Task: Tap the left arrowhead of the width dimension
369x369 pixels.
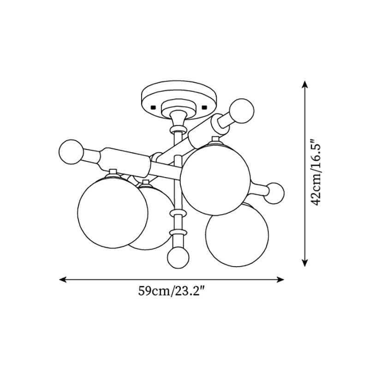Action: [62, 280]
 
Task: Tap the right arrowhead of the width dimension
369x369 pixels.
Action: [281, 280]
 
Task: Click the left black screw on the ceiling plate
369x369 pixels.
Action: [154, 107]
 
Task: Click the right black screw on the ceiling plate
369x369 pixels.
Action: [204, 107]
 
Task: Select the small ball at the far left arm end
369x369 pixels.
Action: [71, 152]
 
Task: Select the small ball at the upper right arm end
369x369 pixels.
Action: [242, 111]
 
